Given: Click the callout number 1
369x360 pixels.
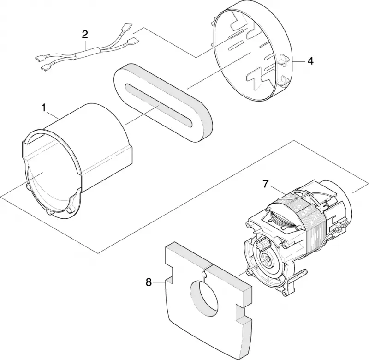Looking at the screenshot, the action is (43, 108).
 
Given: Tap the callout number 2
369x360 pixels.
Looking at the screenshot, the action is (85, 34).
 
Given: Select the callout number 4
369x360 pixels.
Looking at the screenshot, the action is (310, 61).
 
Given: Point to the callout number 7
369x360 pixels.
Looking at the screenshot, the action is (266, 184).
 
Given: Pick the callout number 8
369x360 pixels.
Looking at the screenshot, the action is (149, 282).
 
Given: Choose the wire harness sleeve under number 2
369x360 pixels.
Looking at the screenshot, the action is (87, 53).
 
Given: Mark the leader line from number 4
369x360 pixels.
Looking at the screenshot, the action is (299, 61).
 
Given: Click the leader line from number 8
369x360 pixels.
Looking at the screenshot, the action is (159, 282).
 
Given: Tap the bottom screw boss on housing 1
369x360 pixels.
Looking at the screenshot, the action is (49, 212).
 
